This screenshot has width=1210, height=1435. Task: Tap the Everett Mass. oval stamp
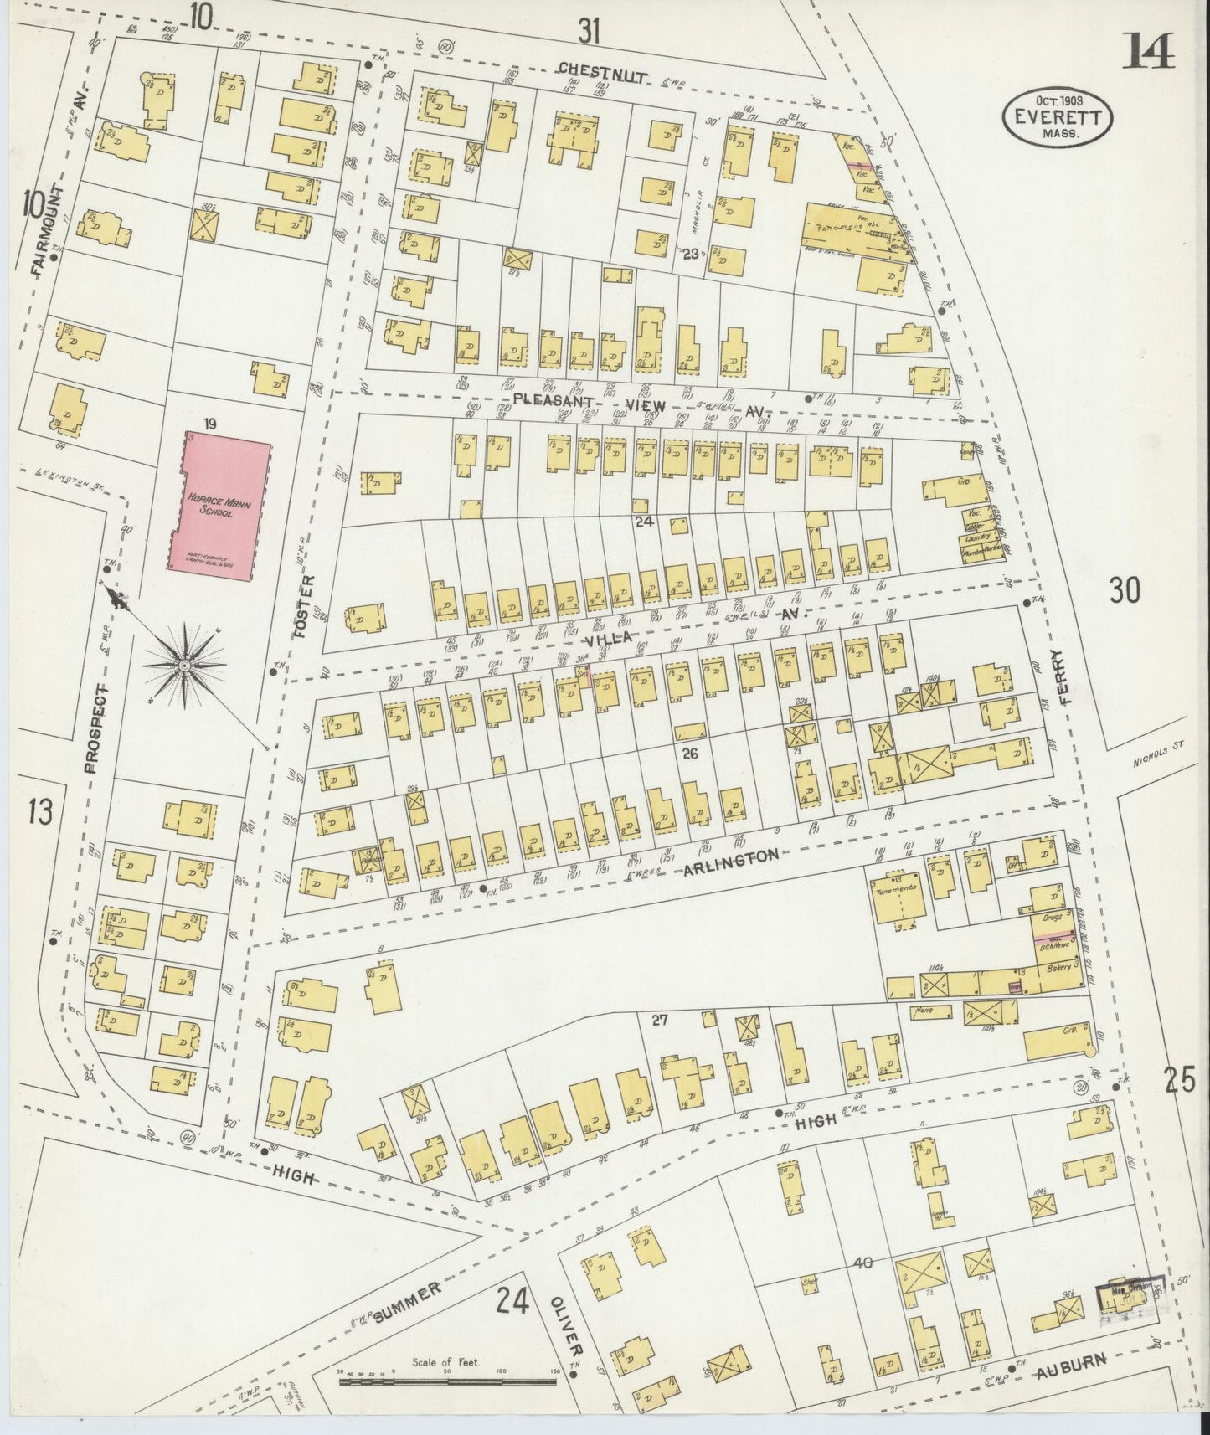(x=1058, y=119)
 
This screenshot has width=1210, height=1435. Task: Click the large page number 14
(x=1149, y=52)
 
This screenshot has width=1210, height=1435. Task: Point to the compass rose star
(x=183, y=666)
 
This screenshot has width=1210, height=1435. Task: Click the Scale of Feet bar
(x=448, y=1378)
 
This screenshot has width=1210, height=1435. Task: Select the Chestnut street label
(x=603, y=74)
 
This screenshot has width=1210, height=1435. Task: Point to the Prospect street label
(x=95, y=727)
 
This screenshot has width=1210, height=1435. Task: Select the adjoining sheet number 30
(x=1125, y=590)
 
